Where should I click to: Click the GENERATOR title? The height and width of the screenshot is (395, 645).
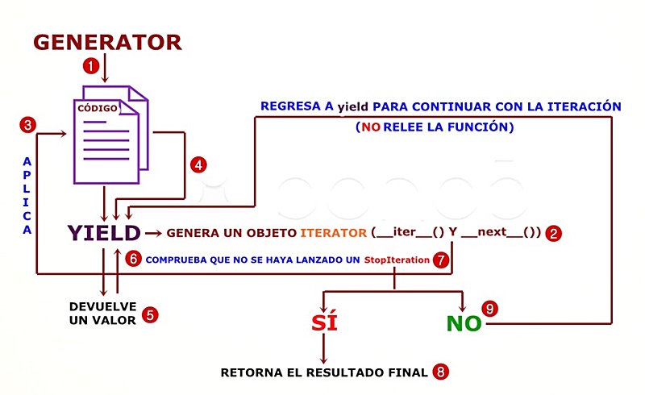coord(107,41)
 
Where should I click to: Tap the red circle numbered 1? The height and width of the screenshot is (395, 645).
coord(92,64)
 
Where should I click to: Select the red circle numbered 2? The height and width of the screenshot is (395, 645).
coord(553,234)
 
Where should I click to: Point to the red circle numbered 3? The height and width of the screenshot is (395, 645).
coord(28,125)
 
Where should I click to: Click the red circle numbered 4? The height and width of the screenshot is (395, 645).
coord(199,164)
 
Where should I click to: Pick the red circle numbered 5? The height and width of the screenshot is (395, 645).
coord(150,314)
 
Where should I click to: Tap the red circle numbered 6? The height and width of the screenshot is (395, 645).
coord(135,260)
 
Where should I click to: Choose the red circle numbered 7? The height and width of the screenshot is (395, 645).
coord(440,260)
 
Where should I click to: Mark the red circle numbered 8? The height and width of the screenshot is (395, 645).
coord(440,372)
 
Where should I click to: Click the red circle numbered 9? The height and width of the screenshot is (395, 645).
coord(489,309)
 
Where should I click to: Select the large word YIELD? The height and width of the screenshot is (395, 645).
coord(104,234)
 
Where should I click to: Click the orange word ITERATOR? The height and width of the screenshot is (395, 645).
coord(334,234)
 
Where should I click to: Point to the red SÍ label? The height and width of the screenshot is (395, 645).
coord(324,323)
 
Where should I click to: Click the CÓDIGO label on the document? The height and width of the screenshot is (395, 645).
coord(98,107)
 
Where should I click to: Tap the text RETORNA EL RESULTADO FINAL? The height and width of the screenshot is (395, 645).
coord(324,372)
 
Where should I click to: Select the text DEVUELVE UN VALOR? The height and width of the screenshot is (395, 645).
coord(103,314)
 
